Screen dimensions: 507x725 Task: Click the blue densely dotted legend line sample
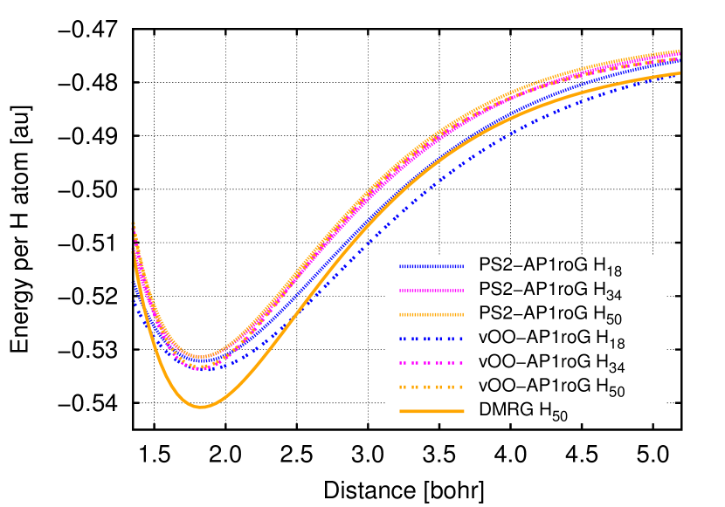click(x=432, y=266)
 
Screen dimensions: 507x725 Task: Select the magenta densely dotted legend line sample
click(x=432, y=291)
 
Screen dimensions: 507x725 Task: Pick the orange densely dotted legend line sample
click(x=432, y=314)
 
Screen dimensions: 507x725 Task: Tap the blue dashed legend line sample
click(x=432, y=339)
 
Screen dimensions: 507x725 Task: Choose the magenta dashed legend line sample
click(x=432, y=362)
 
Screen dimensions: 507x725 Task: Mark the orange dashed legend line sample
click(x=432, y=387)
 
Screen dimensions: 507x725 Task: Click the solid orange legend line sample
click(x=432, y=411)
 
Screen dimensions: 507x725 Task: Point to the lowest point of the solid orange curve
click(x=201, y=407)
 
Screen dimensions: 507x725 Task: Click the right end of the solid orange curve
click(x=680, y=73)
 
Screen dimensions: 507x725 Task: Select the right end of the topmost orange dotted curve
click(x=680, y=51)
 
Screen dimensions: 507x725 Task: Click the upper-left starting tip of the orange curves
click(x=133, y=224)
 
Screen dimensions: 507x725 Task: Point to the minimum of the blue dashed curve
click(x=203, y=369)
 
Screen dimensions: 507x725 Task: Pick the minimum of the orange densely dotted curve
click(x=201, y=356)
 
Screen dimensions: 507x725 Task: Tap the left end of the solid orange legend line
click(x=401, y=411)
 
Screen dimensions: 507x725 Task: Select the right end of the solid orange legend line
click(x=463, y=411)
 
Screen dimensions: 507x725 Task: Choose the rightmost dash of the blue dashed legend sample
click(x=460, y=339)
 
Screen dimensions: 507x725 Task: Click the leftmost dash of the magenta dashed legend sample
click(x=402, y=362)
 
